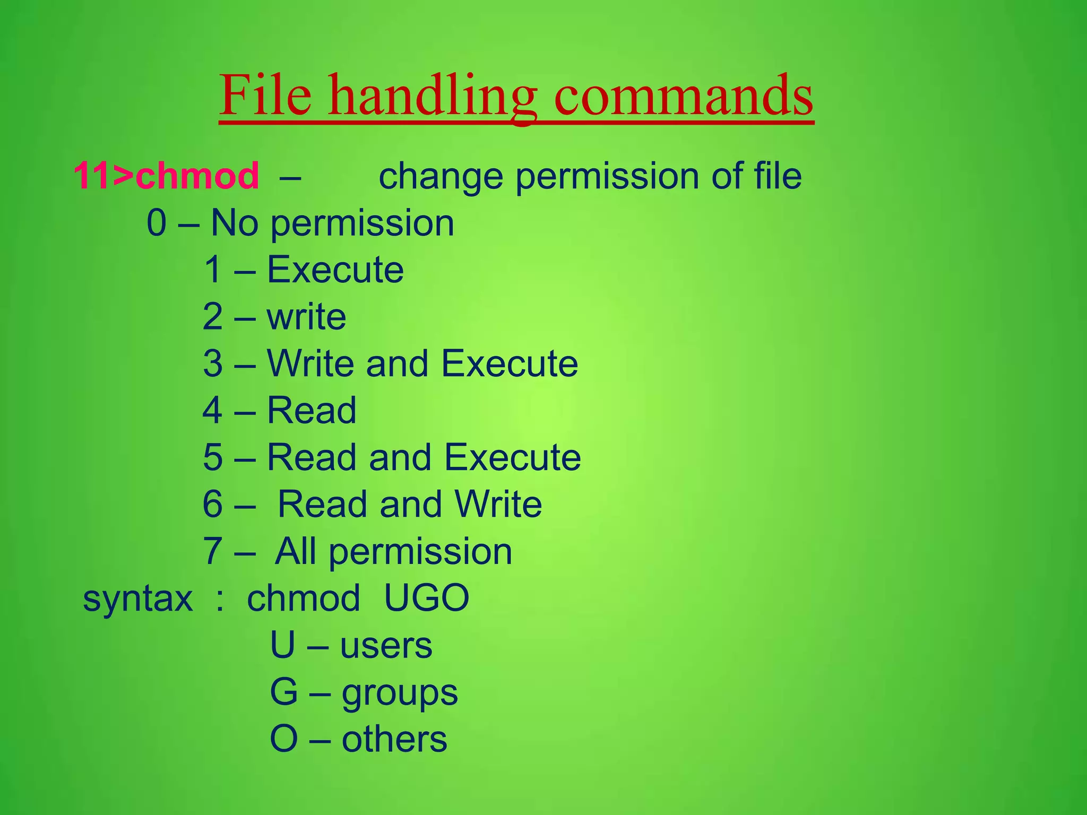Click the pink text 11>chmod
[x=166, y=176]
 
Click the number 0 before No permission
[x=157, y=223]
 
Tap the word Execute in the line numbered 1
[x=335, y=270]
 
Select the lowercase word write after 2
[x=306, y=317]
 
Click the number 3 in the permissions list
[x=213, y=364]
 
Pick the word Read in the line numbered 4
[x=312, y=411]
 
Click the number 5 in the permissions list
[x=213, y=457]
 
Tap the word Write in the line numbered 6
[x=498, y=504]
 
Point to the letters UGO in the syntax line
[x=426, y=599]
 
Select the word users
[x=386, y=646]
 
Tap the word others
[x=394, y=740]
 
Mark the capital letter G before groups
[x=284, y=692]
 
